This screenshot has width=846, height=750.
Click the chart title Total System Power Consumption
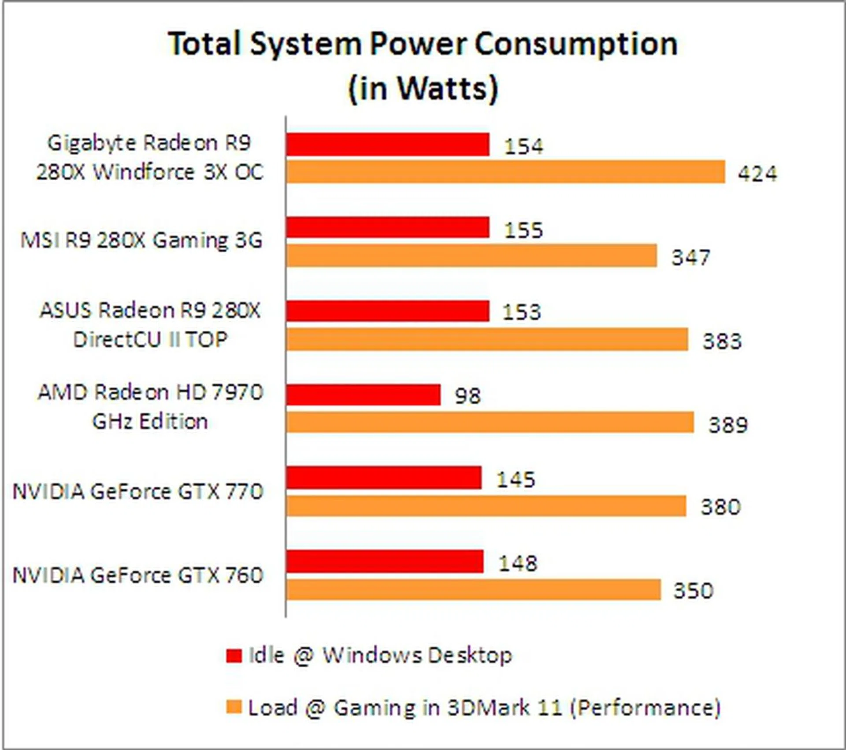pos(423,44)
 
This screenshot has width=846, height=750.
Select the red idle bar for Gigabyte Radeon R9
pos(388,145)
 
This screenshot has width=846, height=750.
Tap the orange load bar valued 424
pos(505,172)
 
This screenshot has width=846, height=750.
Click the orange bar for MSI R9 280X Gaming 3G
pos(471,256)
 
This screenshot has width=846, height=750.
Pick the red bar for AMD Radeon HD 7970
pos(364,395)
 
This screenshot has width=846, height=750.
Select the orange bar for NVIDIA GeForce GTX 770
pos(486,506)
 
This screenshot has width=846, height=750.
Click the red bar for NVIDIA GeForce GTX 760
pos(385,562)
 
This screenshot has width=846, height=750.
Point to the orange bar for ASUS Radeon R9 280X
pos(487,339)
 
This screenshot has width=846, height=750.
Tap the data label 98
pos(468,396)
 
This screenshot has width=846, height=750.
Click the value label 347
pos(690,257)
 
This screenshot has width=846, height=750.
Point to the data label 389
pos(728,425)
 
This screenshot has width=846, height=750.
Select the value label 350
pos(693,590)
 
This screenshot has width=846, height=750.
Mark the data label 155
pos(523,230)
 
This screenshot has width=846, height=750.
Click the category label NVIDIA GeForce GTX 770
pos(138,491)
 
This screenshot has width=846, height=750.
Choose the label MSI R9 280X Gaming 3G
pos(141,241)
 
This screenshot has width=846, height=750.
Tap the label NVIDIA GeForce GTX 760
pos(138,575)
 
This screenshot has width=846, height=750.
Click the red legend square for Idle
pos(234,656)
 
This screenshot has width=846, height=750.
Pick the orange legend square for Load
pos(234,707)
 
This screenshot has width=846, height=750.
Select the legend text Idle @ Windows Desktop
pos(380,655)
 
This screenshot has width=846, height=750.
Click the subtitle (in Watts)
pos(423,88)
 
